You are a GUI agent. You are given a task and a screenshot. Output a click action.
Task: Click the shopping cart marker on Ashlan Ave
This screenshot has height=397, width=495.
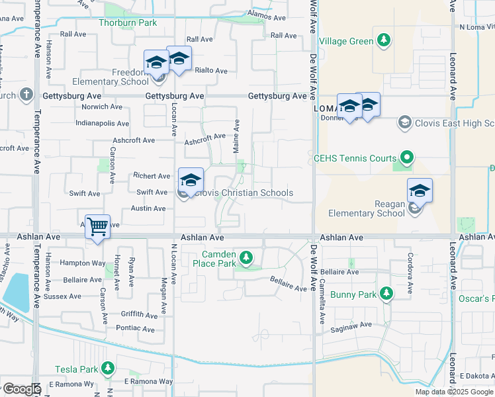pos(97,227)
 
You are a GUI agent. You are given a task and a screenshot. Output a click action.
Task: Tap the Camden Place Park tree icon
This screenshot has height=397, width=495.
pos(246,257)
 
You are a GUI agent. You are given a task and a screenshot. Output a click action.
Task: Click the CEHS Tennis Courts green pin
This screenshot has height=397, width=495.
pos(407,158)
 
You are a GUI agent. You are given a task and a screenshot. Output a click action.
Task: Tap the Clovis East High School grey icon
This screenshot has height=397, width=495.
pos(404,122)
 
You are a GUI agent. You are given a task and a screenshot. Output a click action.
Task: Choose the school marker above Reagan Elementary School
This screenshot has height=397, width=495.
pos(420,191)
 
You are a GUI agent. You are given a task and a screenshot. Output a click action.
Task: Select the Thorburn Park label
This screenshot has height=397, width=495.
pos(128,22)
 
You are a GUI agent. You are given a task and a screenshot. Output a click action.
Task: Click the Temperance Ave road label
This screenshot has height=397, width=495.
pos(36,112)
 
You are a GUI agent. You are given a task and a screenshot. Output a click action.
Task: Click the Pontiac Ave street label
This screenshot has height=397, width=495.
pos(134,328)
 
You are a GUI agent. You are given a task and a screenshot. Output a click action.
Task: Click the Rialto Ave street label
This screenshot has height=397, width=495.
pos(211,71)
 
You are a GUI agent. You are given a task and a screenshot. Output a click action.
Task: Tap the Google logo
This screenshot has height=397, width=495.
pos(21,389)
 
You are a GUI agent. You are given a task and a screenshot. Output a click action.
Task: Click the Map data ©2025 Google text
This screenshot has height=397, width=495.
pos(454,392)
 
